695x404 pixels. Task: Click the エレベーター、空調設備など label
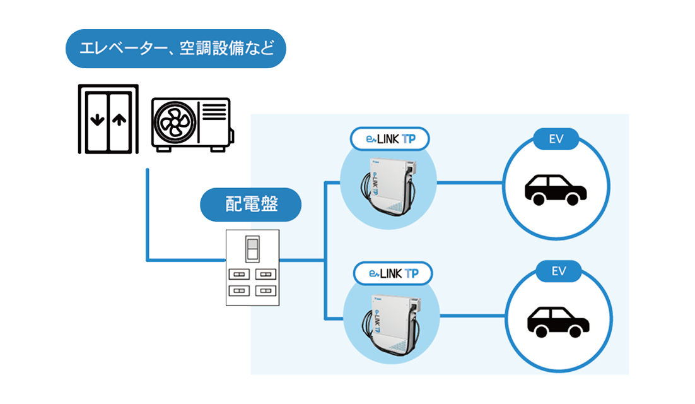[x=176, y=49]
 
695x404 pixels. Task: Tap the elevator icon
[x=108, y=119]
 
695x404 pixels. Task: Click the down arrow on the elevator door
[x=96, y=120]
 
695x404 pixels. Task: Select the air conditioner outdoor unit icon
[x=192, y=124]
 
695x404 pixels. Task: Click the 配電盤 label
[x=252, y=204]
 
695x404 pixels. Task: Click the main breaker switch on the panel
[x=252, y=250]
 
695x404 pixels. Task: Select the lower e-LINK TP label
[x=393, y=274]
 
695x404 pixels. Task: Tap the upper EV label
[x=556, y=139]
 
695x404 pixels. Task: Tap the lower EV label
[x=558, y=272]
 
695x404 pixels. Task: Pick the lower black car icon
[x=558, y=323]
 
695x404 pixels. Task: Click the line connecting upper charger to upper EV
[x=470, y=183]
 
